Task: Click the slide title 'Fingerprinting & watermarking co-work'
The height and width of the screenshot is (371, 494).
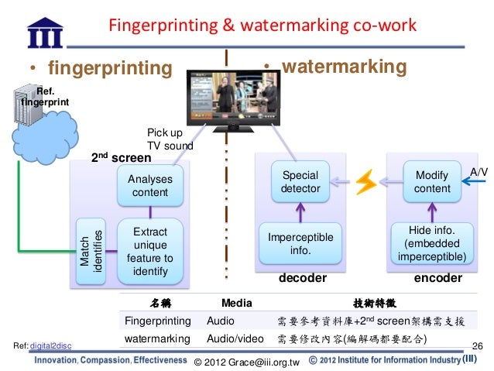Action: point(262,26)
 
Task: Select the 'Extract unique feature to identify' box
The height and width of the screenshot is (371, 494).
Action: point(150,252)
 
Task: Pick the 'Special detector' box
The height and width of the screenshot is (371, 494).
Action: point(300,182)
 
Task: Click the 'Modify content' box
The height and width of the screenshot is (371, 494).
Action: point(432,182)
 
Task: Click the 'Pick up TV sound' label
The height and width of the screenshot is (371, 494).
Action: point(170,139)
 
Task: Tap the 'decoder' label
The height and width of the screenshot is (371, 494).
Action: point(302,277)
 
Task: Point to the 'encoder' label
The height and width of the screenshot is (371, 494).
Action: point(438,277)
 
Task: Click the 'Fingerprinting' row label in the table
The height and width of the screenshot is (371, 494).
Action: point(157,320)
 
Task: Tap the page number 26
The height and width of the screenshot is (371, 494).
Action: point(477,345)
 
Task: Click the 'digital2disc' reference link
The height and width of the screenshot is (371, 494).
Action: point(50,345)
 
